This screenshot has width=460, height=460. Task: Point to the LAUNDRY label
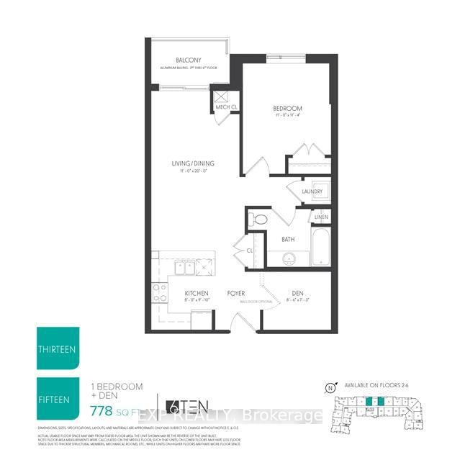pos(312,191)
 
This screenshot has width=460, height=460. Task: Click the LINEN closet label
pos(321,217)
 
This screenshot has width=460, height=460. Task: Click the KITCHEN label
pos(196,293)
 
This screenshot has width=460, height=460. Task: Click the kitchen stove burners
pos(159,292)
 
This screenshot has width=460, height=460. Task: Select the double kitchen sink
pos(184,267)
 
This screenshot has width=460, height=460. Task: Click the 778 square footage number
pos(102,412)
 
